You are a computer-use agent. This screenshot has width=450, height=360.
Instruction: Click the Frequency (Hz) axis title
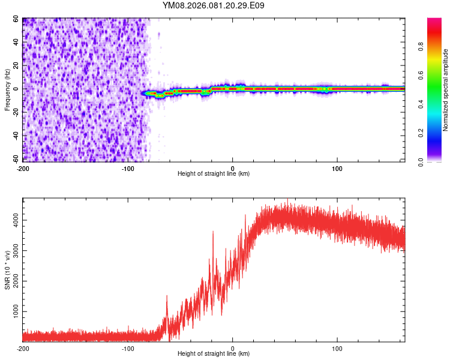(x=7, y=90)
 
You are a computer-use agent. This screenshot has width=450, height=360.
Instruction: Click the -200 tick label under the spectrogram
(x=23, y=168)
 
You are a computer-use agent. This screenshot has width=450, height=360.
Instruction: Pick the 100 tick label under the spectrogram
(x=337, y=168)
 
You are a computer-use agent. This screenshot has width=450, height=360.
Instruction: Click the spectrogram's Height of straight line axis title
(x=214, y=174)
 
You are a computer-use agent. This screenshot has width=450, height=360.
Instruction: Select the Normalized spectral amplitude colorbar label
(x=445, y=90)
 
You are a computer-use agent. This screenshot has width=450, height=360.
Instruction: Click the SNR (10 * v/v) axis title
(x=7, y=270)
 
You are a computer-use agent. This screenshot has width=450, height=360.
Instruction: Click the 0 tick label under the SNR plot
(x=233, y=348)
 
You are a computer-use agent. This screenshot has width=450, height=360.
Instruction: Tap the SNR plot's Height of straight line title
(x=214, y=354)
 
